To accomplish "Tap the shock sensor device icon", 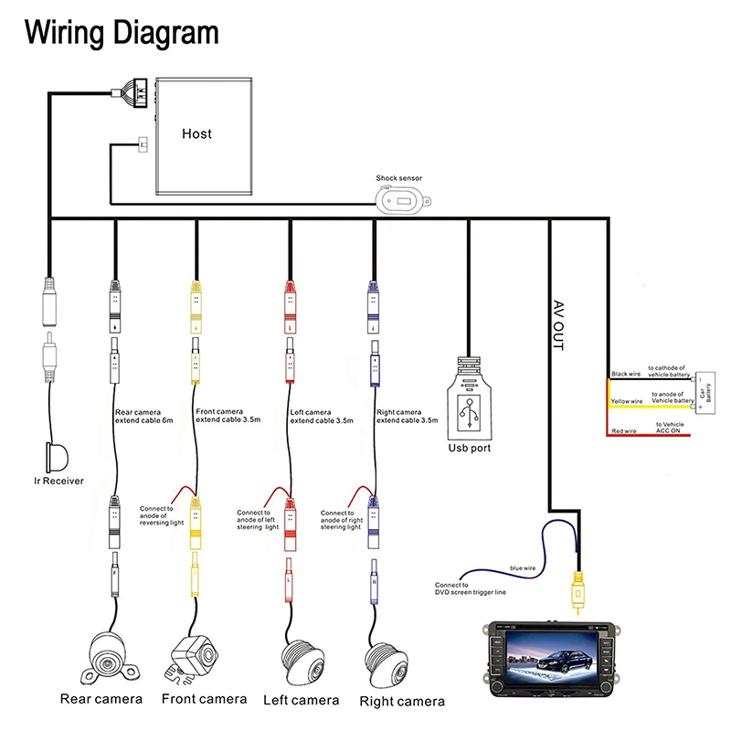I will pyautogui.click(x=399, y=197).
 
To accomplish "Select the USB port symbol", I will pyautogui.click(x=470, y=407).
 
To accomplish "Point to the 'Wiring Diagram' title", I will pyautogui.click(x=122, y=33).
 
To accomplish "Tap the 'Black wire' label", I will pyautogui.click(x=627, y=374).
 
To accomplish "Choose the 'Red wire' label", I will pyautogui.click(x=625, y=429).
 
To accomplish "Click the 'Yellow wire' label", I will pyautogui.click(x=627, y=401).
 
